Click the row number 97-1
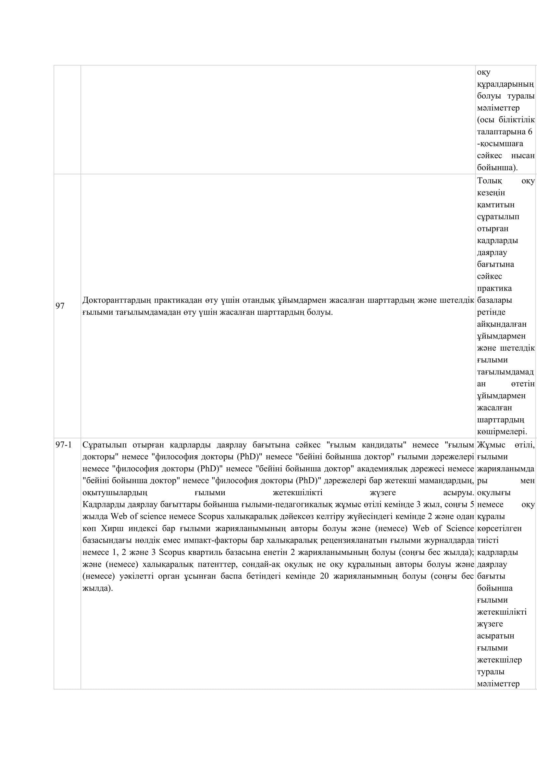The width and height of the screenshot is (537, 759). pyautogui.click(x=64, y=445)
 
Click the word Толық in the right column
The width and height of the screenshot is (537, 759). pyautogui.click(x=489, y=181)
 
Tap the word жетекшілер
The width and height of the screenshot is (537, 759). pyautogui.click(x=499, y=660)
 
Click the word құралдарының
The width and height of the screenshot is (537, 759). pyautogui.click(x=505, y=84)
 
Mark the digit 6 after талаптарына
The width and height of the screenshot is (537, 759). pyautogui.click(x=530, y=132)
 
